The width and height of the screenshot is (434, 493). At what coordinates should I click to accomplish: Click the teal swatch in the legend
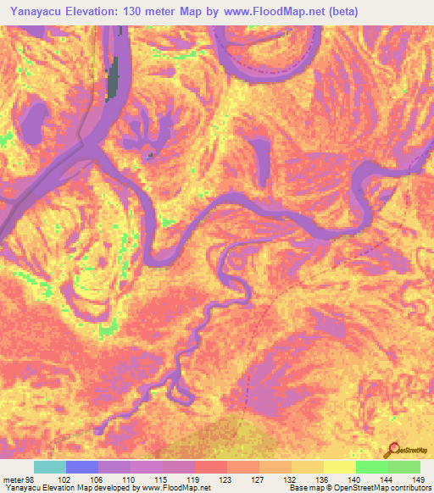50,467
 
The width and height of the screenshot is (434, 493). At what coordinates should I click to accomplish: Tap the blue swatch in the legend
82,467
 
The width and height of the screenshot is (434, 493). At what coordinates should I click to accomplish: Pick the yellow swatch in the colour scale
339,467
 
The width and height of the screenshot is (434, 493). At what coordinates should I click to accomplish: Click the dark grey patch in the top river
112,80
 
